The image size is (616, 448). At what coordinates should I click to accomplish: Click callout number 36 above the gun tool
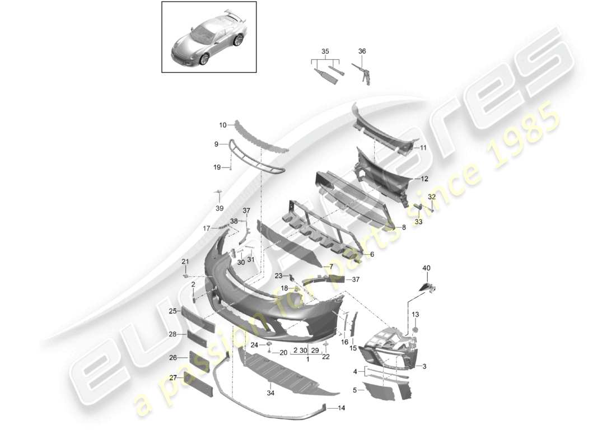tap(362, 52)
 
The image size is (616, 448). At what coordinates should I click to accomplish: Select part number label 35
tap(325, 52)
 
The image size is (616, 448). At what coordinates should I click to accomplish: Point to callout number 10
tap(223, 125)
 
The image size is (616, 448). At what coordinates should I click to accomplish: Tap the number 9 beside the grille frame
tap(216, 144)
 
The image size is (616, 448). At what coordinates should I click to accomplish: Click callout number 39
tap(220, 208)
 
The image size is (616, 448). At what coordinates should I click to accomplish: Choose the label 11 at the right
tap(423, 148)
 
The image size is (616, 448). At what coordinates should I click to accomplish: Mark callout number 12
tap(424, 179)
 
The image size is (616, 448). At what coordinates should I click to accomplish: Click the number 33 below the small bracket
tap(418, 222)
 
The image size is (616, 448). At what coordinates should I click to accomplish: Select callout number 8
tap(404, 227)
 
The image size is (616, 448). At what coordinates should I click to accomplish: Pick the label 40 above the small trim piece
tap(427, 268)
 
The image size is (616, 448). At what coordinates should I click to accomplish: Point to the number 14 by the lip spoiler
tap(342, 408)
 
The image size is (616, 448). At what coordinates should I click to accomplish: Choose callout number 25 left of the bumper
tap(173, 311)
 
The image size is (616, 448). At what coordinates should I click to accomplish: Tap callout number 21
tap(185, 262)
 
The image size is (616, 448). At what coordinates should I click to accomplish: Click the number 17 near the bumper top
tap(207, 228)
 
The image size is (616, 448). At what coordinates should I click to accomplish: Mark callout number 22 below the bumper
tap(325, 357)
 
